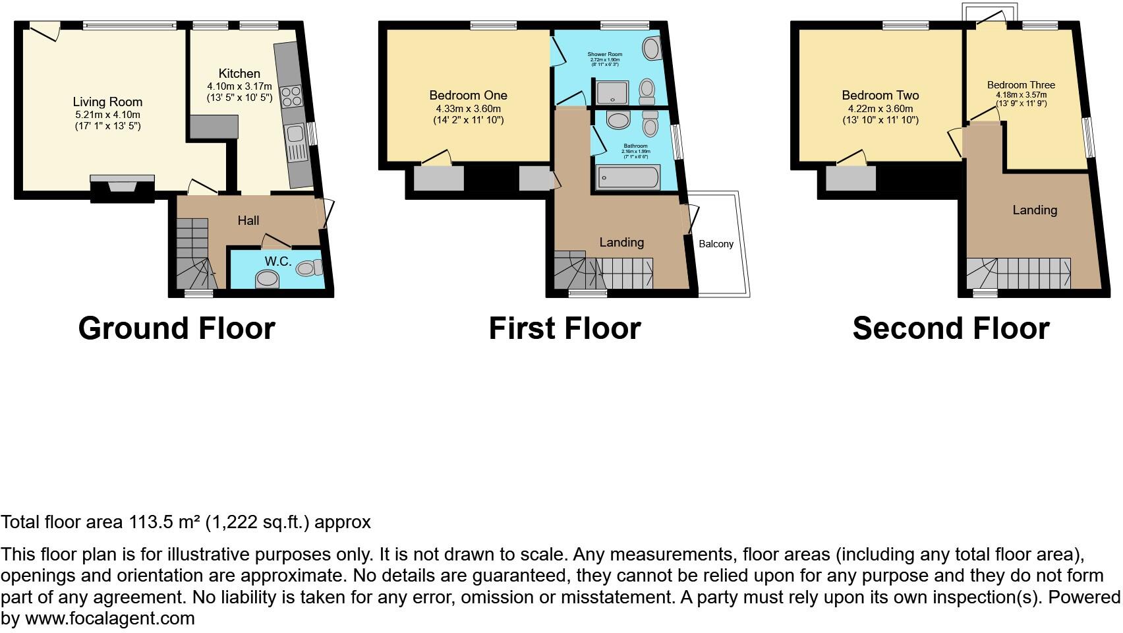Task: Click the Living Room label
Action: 107,102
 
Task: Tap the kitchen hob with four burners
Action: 290,97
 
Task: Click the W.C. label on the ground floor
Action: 278,261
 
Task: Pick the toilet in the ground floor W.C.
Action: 308,268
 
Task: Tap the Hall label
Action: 248,220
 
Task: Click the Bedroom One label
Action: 468,95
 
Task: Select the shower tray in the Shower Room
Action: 612,92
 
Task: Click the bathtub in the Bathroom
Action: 627,178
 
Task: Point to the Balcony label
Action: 716,244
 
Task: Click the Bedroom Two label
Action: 880,95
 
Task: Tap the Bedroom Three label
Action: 1021,84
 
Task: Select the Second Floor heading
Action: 950,328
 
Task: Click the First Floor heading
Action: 564,328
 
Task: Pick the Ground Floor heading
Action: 177,328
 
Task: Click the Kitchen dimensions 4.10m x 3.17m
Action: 239,86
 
